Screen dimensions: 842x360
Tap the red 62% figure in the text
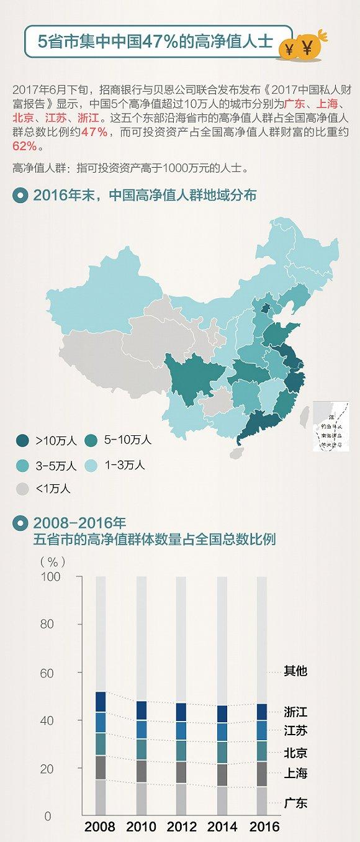[24, 147]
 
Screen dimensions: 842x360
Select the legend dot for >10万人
[22, 441]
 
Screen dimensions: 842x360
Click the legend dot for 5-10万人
[91, 440]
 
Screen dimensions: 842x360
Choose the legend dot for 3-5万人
[22, 465]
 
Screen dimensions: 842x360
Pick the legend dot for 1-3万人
[91, 465]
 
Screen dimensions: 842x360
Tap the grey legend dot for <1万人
[22, 489]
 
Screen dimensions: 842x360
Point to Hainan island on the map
[236, 453]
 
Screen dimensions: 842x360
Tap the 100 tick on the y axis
[52, 577]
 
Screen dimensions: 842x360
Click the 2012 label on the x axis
[182, 826]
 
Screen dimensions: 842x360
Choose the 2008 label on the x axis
[100, 826]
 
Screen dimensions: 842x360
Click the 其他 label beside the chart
[295, 671]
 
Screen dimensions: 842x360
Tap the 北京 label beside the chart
[295, 753]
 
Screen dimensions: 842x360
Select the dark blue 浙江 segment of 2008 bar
[101, 701]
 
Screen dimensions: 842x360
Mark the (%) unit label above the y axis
[52, 561]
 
